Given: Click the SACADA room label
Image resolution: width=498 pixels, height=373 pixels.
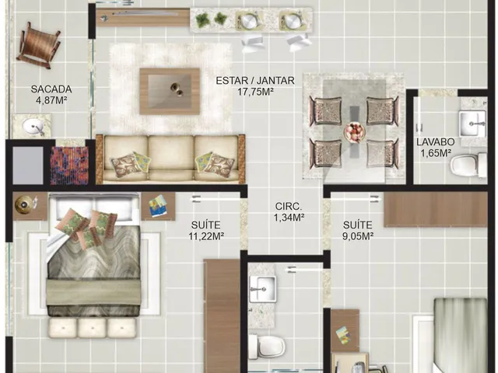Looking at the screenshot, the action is tap(51, 89).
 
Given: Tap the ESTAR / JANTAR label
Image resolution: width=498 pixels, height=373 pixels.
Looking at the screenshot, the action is tap(255, 81).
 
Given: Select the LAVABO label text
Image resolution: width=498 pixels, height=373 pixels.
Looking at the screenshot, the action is tap(436, 141).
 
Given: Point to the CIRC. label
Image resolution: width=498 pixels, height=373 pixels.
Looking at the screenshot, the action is tap(289, 206).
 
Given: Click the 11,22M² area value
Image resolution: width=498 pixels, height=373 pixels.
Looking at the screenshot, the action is tap(206, 236).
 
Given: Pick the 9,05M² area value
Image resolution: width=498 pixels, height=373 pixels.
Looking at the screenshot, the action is tap(358, 236).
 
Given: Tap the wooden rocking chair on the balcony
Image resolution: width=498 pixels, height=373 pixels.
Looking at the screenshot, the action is tap(38, 45).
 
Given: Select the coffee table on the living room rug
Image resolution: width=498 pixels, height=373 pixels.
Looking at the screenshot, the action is tap(170, 91).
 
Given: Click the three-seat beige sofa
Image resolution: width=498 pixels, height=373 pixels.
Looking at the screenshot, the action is tap(170, 159).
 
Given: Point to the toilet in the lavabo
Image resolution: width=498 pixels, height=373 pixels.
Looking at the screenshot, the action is tap(468, 165).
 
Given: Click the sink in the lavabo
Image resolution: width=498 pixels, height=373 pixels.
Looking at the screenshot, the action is tap(472, 124).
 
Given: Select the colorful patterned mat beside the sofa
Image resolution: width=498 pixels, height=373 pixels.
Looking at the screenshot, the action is tap(69, 166).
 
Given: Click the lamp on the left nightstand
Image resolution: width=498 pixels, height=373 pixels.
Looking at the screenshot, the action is tap(25, 203).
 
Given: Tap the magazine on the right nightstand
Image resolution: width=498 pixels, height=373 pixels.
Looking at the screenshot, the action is tap(159, 205).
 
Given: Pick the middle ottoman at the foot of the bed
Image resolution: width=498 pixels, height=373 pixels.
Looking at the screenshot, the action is tap(92, 328).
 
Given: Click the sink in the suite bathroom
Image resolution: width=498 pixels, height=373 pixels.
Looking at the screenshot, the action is tap(262, 288).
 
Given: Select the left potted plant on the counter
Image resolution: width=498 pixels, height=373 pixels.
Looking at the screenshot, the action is tap(202, 20).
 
